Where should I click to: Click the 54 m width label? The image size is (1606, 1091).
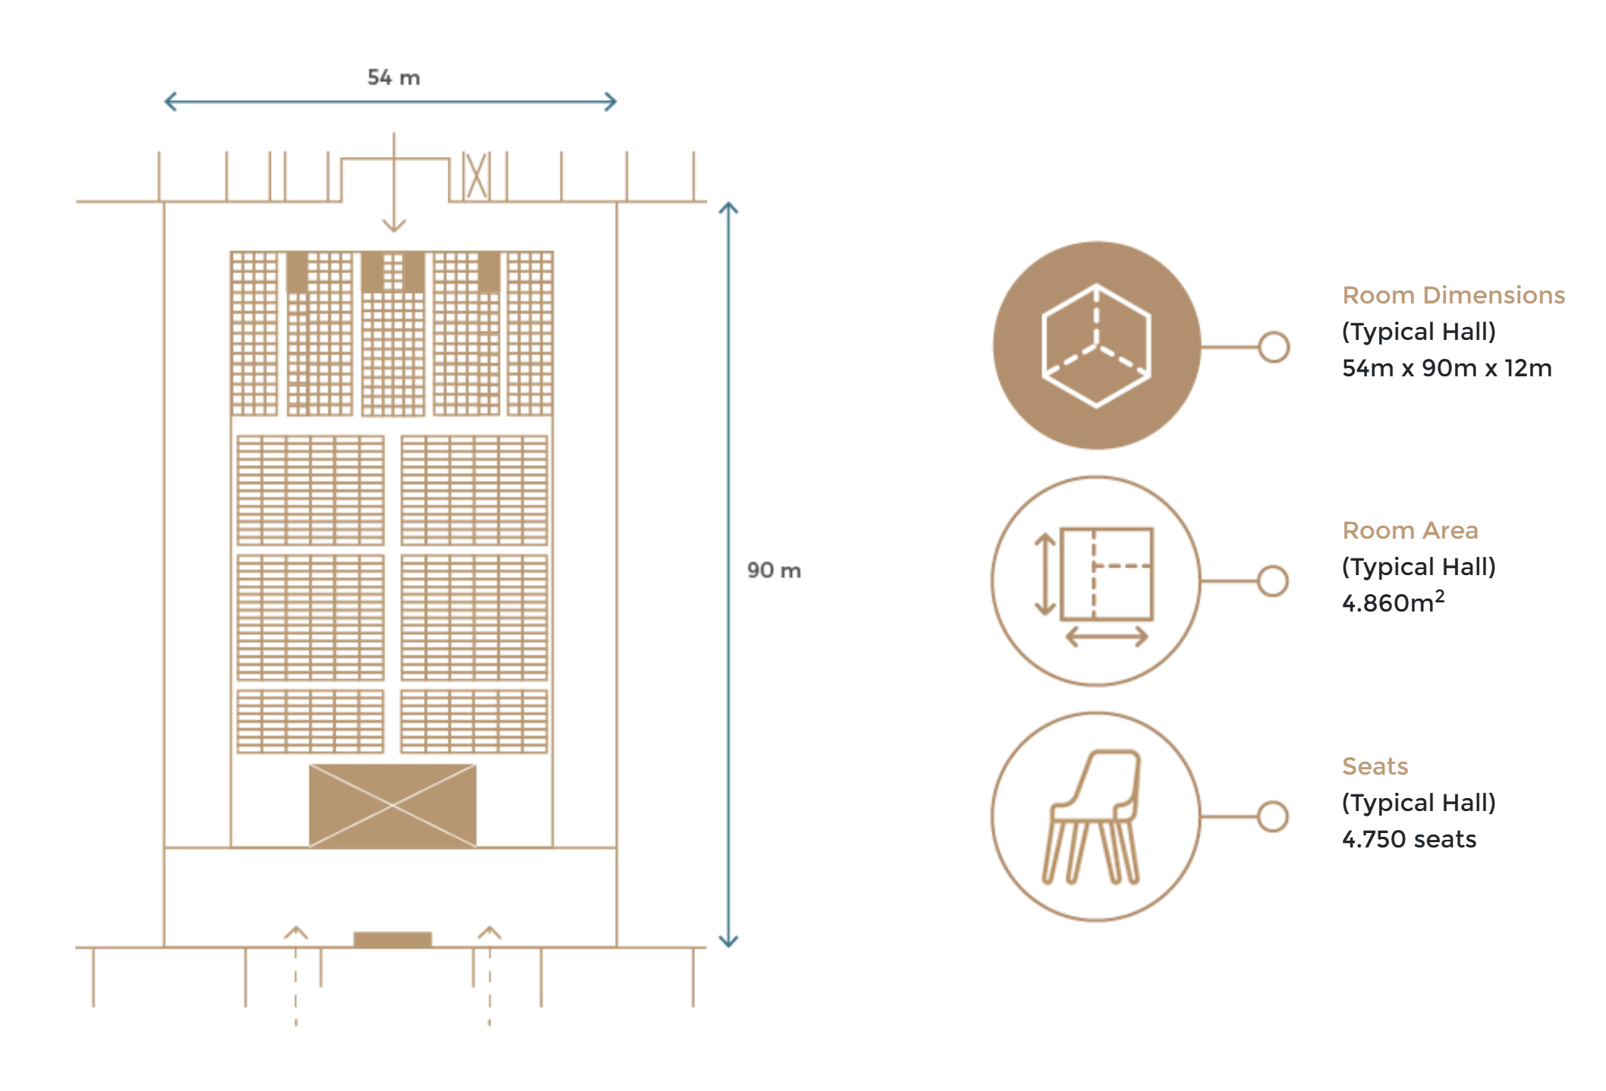point(394,77)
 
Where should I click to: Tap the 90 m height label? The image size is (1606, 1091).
point(774,570)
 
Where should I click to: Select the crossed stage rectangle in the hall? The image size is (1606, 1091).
point(393,806)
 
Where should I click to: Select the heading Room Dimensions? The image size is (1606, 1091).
point(1454,295)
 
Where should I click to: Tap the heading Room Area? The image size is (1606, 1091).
point(1410,530)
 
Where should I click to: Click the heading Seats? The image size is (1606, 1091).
point(1375,766)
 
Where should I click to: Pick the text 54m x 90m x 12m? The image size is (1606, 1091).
point(1447,368)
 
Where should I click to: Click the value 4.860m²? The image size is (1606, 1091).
point(1394,602)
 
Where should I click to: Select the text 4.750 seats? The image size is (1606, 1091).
point(1409,839)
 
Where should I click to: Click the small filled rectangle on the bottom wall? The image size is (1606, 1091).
point(393,940)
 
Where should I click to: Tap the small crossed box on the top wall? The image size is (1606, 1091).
point(476,176)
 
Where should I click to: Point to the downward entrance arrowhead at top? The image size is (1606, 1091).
point(394,225)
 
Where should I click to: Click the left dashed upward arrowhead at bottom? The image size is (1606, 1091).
point(296,932)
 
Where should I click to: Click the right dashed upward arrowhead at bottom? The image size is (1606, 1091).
point(489,932)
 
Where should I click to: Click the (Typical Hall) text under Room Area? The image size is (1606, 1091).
point(1419,567)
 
